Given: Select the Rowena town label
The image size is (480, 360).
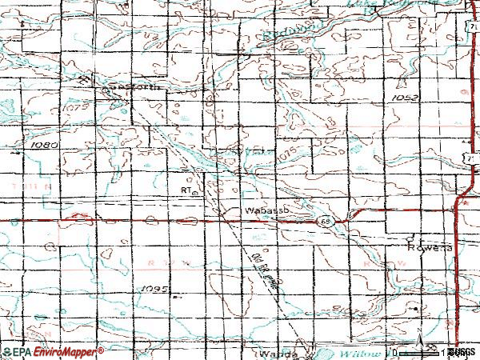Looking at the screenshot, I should (422, 247).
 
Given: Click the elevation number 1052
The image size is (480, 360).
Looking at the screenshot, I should (406, 98).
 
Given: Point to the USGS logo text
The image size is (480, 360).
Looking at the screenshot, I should (462, 352).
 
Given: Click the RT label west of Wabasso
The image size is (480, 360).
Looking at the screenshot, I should (186, 191).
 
